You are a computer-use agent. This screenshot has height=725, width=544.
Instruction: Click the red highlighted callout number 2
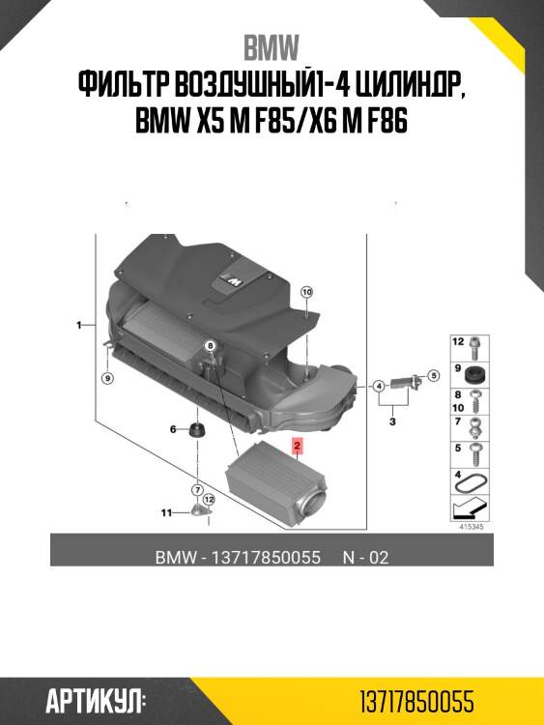click(298, 447)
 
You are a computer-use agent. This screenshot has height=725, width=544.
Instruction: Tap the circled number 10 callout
click(306, 291)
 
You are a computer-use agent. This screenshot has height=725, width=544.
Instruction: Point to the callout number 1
click(79, 326)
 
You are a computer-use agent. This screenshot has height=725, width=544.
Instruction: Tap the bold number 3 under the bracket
click(393, 422)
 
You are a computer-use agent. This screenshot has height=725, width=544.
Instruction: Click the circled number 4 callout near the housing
click(380, 387)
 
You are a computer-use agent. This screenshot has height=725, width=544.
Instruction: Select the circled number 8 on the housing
click(210, 345)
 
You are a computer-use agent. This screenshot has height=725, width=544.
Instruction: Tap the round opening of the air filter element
click(315, 502)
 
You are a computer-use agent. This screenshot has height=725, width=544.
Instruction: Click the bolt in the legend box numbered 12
click(475, 344)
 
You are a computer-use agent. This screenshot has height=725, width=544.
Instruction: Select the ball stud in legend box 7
click(475, 425)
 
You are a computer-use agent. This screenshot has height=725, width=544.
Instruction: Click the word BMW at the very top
click(272, 47)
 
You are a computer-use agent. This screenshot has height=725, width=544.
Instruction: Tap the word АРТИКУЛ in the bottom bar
click(96, 700)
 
